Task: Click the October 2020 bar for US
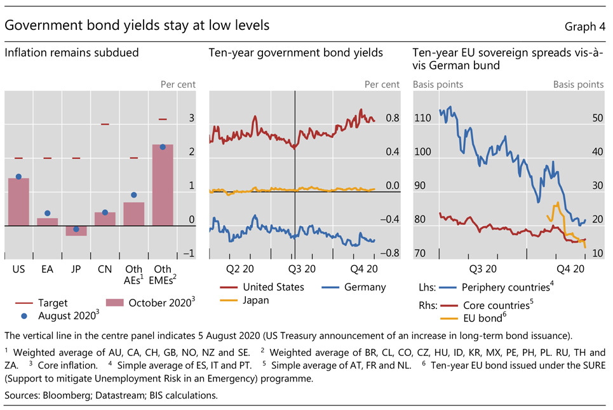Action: pos(18,202)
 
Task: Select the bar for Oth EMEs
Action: pos(163,185)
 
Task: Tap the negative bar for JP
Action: pos(76,231)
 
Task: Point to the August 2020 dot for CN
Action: pos(105,212)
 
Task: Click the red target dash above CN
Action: pos(105,125)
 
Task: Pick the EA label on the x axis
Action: pos(48,270)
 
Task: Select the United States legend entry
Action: pos(273,287)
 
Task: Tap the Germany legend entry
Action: pos(365,287)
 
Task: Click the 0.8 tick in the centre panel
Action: pos(393,118)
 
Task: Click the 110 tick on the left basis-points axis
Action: pos(422,118)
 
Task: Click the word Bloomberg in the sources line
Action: pos(64,396)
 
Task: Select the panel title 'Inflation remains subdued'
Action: pos(71,53)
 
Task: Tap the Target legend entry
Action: pos(52,303)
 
